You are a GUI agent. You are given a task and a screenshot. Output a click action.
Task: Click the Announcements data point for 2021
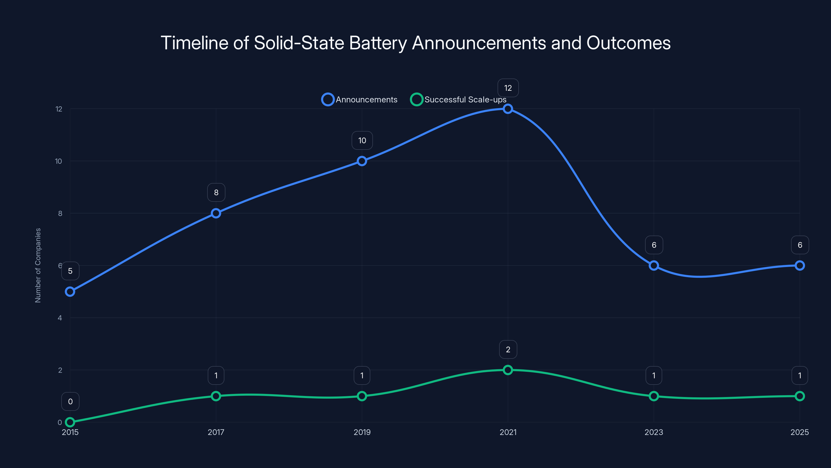[508, 109]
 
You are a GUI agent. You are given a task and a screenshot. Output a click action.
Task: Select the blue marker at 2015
[70, 292]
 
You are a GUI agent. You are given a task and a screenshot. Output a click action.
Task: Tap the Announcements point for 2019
[362, 161]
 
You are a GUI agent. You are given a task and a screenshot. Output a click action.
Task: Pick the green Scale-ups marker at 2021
[508, 370]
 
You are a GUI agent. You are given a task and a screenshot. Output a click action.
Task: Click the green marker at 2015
[70, 422]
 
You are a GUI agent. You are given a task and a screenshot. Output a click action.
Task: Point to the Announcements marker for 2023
[654, 265]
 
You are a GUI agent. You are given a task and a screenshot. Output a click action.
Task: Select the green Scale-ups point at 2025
[800, 396]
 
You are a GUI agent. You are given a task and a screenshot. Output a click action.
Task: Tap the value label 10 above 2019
[362, 140]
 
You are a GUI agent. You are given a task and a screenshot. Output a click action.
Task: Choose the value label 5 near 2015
[70, 271]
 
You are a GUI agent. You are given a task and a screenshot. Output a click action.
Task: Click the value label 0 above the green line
[70, 401]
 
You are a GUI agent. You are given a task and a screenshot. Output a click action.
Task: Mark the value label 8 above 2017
[216, 192]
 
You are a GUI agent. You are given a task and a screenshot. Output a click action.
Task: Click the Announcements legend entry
[360, 100]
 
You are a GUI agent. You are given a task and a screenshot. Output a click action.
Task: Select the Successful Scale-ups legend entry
[458, 100]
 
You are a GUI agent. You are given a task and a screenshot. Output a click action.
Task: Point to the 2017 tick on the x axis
[216, 432]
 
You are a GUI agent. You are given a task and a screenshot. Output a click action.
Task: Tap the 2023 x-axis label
[654, 432]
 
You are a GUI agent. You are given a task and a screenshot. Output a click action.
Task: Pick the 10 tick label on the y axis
[58, 161]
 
